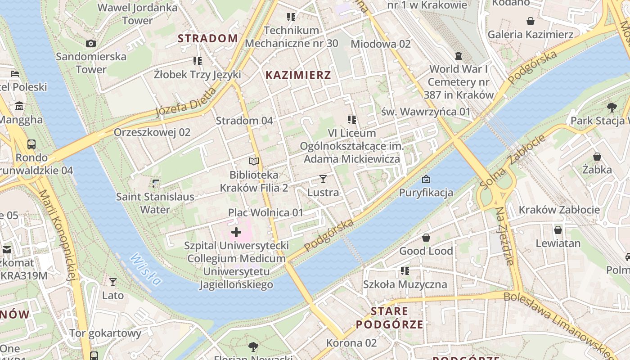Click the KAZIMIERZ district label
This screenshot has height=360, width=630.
298,75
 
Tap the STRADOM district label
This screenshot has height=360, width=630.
207,38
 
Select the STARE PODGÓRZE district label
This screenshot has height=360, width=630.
390,318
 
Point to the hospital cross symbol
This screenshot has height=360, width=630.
236,233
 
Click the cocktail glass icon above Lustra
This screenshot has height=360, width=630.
323,179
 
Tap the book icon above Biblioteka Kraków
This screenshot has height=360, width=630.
254,161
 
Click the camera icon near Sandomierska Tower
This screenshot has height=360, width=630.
91,43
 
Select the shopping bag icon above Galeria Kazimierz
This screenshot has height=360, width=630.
531,21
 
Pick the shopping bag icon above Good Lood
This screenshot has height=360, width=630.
426,238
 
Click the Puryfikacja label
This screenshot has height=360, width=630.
426,193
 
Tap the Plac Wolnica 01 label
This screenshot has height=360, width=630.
265,212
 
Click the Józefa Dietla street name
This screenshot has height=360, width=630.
186,102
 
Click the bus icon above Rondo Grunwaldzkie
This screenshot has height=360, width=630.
31,144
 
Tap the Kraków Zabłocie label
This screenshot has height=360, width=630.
559,210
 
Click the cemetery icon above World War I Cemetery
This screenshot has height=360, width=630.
458,56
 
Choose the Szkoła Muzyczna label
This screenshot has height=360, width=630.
405,284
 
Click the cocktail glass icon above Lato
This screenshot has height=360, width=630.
112,282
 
